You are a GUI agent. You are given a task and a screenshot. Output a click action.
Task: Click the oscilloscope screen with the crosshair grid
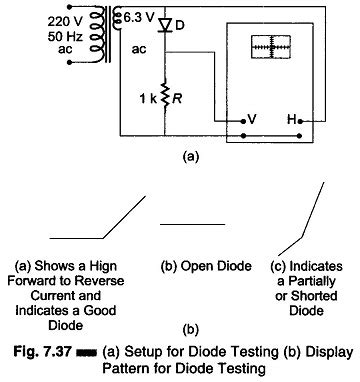click(273, 48)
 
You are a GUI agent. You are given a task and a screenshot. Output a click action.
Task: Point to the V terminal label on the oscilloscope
click(253, 118)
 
